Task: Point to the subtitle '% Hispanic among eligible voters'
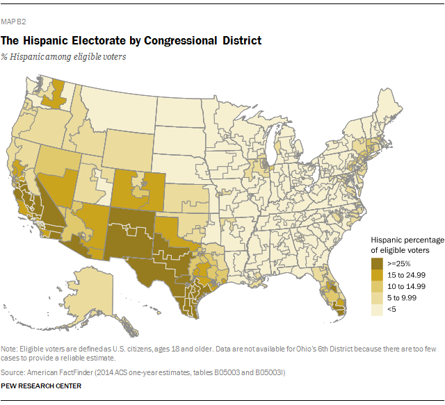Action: tap(68, 57)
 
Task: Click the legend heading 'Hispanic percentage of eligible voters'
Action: tap(408, 244)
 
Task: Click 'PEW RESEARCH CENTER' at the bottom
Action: tap(41, 386)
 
